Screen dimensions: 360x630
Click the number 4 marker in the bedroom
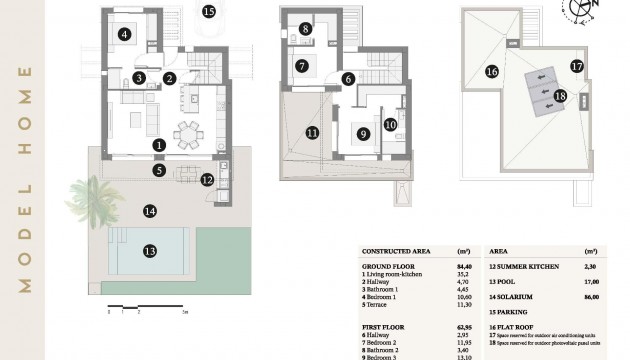coord(124,34)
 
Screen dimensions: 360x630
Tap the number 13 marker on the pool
coord(150,251)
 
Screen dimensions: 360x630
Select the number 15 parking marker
coord(208,12)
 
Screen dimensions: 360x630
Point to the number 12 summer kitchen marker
coord(207,180)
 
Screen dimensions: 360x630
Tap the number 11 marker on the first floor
coord(313,132)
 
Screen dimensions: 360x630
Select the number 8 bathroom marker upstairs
coord(305,30)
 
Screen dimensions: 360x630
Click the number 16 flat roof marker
coord(491,71)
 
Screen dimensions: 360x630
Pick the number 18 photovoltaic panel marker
coord(560,96)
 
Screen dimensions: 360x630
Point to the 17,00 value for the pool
coord(590,282)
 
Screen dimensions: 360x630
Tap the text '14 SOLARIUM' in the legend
coord(516,298)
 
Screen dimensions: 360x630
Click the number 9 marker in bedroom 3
coord(363,133)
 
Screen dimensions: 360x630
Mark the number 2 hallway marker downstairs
coord(170,78)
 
